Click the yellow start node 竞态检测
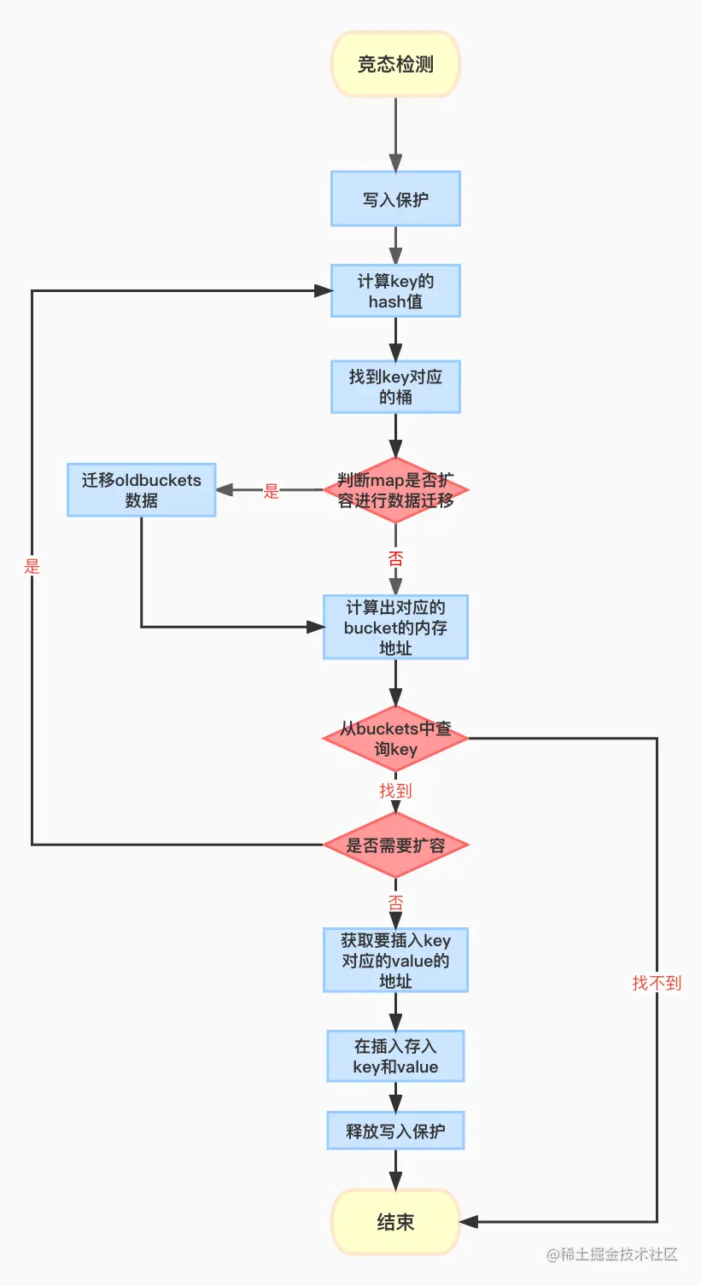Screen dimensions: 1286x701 tap(395, 64)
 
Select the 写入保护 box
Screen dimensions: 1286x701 tap(395, 199)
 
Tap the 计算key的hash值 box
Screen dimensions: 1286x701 tap(395, 291)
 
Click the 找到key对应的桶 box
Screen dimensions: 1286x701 tap(395, 387)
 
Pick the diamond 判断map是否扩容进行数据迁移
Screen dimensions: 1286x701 tap(395, 490)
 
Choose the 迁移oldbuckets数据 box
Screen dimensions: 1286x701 tap(141, 490)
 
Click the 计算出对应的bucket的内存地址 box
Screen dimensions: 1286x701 tap(395, 628)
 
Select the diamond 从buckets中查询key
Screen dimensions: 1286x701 tap(395, 739)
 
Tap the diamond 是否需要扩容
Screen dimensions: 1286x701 tap(395, 845)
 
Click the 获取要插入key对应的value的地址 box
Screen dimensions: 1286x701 tap(395, 961)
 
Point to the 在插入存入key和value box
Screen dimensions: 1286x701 tap(395, 1056)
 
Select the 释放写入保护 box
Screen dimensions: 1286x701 tap(395, 1131)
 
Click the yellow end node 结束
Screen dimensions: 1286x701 tap(395, 1222)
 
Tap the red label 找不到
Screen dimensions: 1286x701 tap(657, 983)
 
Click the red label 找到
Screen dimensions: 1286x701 tap(395, 791)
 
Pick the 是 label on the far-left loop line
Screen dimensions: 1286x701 tap(32, 566)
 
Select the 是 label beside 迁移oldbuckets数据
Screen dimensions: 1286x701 tap(272, 491)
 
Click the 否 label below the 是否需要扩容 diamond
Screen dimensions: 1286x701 tap(395, 903)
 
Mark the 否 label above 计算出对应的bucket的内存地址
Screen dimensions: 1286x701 tap(395, 558)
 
